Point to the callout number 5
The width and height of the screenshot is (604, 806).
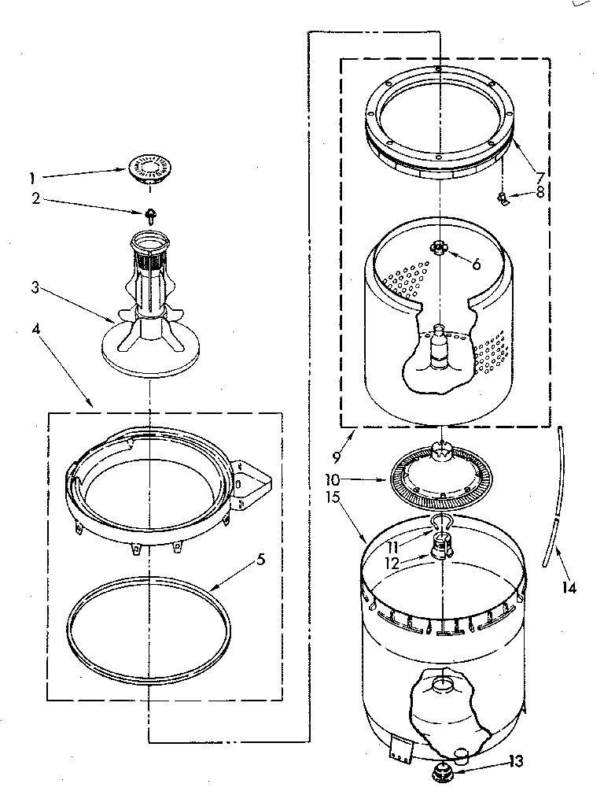coord(260,560)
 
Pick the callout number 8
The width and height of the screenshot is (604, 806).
coord(539,190)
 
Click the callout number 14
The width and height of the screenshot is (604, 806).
coord(569,587)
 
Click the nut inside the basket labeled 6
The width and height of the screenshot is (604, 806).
coord(437,248)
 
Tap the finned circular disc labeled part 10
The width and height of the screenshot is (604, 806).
coord(441,480)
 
